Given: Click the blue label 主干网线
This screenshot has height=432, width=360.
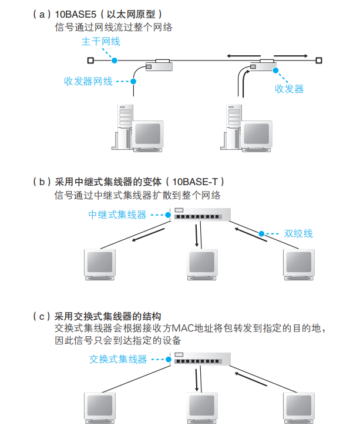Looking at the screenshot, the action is tap(101, 42).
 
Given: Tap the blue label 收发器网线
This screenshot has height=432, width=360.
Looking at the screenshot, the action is tap(88, 81).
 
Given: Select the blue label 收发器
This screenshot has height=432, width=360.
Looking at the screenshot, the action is tap(290, 89).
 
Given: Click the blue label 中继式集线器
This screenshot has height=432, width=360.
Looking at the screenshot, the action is tap(117, 215).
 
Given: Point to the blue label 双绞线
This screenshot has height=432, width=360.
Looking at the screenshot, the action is tap(298, 233).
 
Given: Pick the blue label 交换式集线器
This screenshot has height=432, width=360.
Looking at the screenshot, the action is tap(118, 359).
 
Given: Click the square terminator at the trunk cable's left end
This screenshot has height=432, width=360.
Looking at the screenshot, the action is tap(90, 61).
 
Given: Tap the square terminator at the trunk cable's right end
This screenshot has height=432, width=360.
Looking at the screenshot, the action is tap(319, 61).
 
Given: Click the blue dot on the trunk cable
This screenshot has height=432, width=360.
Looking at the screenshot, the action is tap(115, 61).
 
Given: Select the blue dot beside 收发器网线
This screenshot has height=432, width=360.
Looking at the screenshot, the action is tap(133, 81).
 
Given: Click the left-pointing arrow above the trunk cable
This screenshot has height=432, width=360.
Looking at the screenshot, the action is tap(244, 56).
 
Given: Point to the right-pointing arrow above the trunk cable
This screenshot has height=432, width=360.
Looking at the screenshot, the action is tap(291, 56).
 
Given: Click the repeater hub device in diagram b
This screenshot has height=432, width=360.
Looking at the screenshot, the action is tap(200, 215).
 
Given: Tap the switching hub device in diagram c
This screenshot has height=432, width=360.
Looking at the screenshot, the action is tap(200, 359).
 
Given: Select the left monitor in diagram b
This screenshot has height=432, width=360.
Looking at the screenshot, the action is tap(100, 264).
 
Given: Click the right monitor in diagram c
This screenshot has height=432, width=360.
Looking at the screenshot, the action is tap(299, 408).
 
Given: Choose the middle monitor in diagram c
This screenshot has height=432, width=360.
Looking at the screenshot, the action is tap(202, 408).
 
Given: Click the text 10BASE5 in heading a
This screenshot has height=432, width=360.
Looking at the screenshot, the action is tap(76, 14).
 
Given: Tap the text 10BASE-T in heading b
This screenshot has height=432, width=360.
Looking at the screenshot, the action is tap(195, 182).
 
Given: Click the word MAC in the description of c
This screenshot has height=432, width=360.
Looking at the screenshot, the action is tap(183, 328).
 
